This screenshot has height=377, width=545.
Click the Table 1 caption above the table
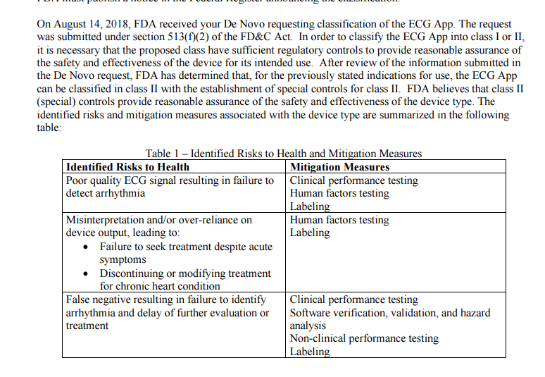point(284,154)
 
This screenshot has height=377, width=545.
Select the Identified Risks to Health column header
point(127,167)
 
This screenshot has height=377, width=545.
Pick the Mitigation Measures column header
point(339,167)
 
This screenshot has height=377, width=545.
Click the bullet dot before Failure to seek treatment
point(86,247)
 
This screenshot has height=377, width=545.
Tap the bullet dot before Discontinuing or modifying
point(86,273)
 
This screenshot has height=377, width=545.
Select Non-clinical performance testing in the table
point(364,339)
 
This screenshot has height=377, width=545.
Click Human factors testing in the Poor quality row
point(339,194)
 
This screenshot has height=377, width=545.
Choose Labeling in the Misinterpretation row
point(310,233)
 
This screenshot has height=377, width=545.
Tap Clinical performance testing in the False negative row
point(354,300)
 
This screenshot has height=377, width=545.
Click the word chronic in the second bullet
point(132,287)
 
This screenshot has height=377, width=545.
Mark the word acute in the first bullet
point(256,247)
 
